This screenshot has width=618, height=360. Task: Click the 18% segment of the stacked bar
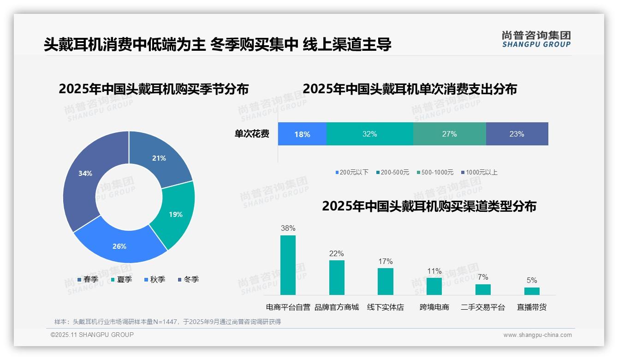click(302, 134)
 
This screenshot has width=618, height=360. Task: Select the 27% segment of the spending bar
click(449, 134)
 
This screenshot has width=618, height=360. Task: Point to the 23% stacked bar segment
click(517, 134)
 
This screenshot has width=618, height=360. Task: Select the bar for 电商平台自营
click(288, 265)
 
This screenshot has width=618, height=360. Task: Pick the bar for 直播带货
click(532, 291)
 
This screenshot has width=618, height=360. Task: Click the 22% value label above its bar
click(337, 253)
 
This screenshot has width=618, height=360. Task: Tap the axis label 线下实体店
click(386, 307)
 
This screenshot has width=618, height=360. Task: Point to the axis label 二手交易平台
click(483, 307)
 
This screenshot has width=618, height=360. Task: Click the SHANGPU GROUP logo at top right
click(536, 39)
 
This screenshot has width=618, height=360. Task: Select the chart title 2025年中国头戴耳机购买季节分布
click(154, 89)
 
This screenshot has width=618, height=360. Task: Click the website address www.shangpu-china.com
click(537, 335)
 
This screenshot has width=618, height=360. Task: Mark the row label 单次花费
click(252, 134)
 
